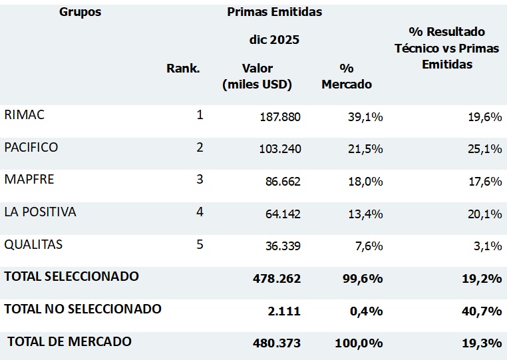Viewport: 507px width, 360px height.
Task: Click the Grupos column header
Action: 80,12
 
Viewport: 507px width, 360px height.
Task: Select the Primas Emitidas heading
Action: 274,12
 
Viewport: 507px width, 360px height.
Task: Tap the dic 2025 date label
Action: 273,40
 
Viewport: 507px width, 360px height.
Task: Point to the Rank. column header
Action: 183,69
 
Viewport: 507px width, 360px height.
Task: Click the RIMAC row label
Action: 24,115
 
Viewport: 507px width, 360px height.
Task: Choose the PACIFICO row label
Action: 31,147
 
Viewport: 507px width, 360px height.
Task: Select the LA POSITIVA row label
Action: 41,212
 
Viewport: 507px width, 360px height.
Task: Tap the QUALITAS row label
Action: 33,245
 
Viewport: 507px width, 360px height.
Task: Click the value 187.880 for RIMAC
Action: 279,117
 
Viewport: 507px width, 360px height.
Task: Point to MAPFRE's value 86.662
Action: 283,182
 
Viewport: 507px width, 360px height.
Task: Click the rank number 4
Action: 200,212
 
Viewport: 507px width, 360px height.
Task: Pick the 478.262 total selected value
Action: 277,279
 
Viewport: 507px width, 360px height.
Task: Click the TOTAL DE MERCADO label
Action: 69,341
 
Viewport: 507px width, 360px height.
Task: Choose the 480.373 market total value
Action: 277,343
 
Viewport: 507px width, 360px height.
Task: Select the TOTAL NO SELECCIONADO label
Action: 83,309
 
